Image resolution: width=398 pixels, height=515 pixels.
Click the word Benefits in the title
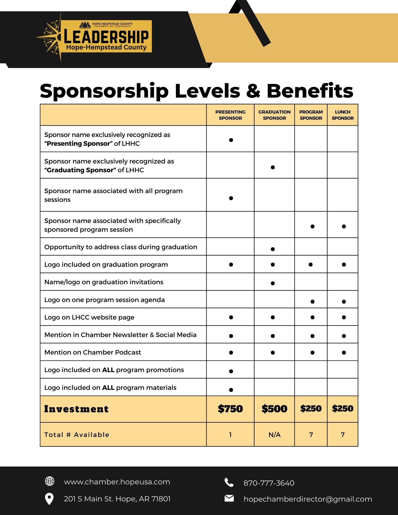tap(310, 91)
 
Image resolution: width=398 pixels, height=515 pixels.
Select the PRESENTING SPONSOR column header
tap(230, 115)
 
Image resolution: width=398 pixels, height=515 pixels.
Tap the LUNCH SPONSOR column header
tap(343, 115)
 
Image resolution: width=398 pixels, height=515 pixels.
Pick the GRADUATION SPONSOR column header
tap(274, 115)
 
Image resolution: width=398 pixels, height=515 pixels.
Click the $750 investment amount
tap(230, 409)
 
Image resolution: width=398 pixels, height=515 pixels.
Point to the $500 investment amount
tap(274, 409)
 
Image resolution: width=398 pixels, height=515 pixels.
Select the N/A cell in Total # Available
tap(274, 435)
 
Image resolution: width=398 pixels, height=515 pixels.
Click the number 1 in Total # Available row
tap(230, 435)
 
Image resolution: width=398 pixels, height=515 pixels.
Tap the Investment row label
tap(76, 409)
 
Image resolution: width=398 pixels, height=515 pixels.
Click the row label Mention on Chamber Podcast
tap(92, 352)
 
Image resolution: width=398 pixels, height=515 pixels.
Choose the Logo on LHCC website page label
tap(89, 317)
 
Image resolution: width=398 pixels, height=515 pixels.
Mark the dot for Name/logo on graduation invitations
tap(273, 283)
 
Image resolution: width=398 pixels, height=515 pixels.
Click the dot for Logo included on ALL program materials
tap(231, 390)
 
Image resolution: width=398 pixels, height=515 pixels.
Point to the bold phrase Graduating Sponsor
tap(80, 170)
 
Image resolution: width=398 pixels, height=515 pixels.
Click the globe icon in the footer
tap(49, 481)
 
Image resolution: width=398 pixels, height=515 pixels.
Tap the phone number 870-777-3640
tap(269, 483)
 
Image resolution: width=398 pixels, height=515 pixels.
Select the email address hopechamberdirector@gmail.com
tap(308, 499)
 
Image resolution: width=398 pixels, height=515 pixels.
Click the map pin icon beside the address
tap(49, 499)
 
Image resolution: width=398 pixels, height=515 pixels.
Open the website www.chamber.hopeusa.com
tap(117, 482)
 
